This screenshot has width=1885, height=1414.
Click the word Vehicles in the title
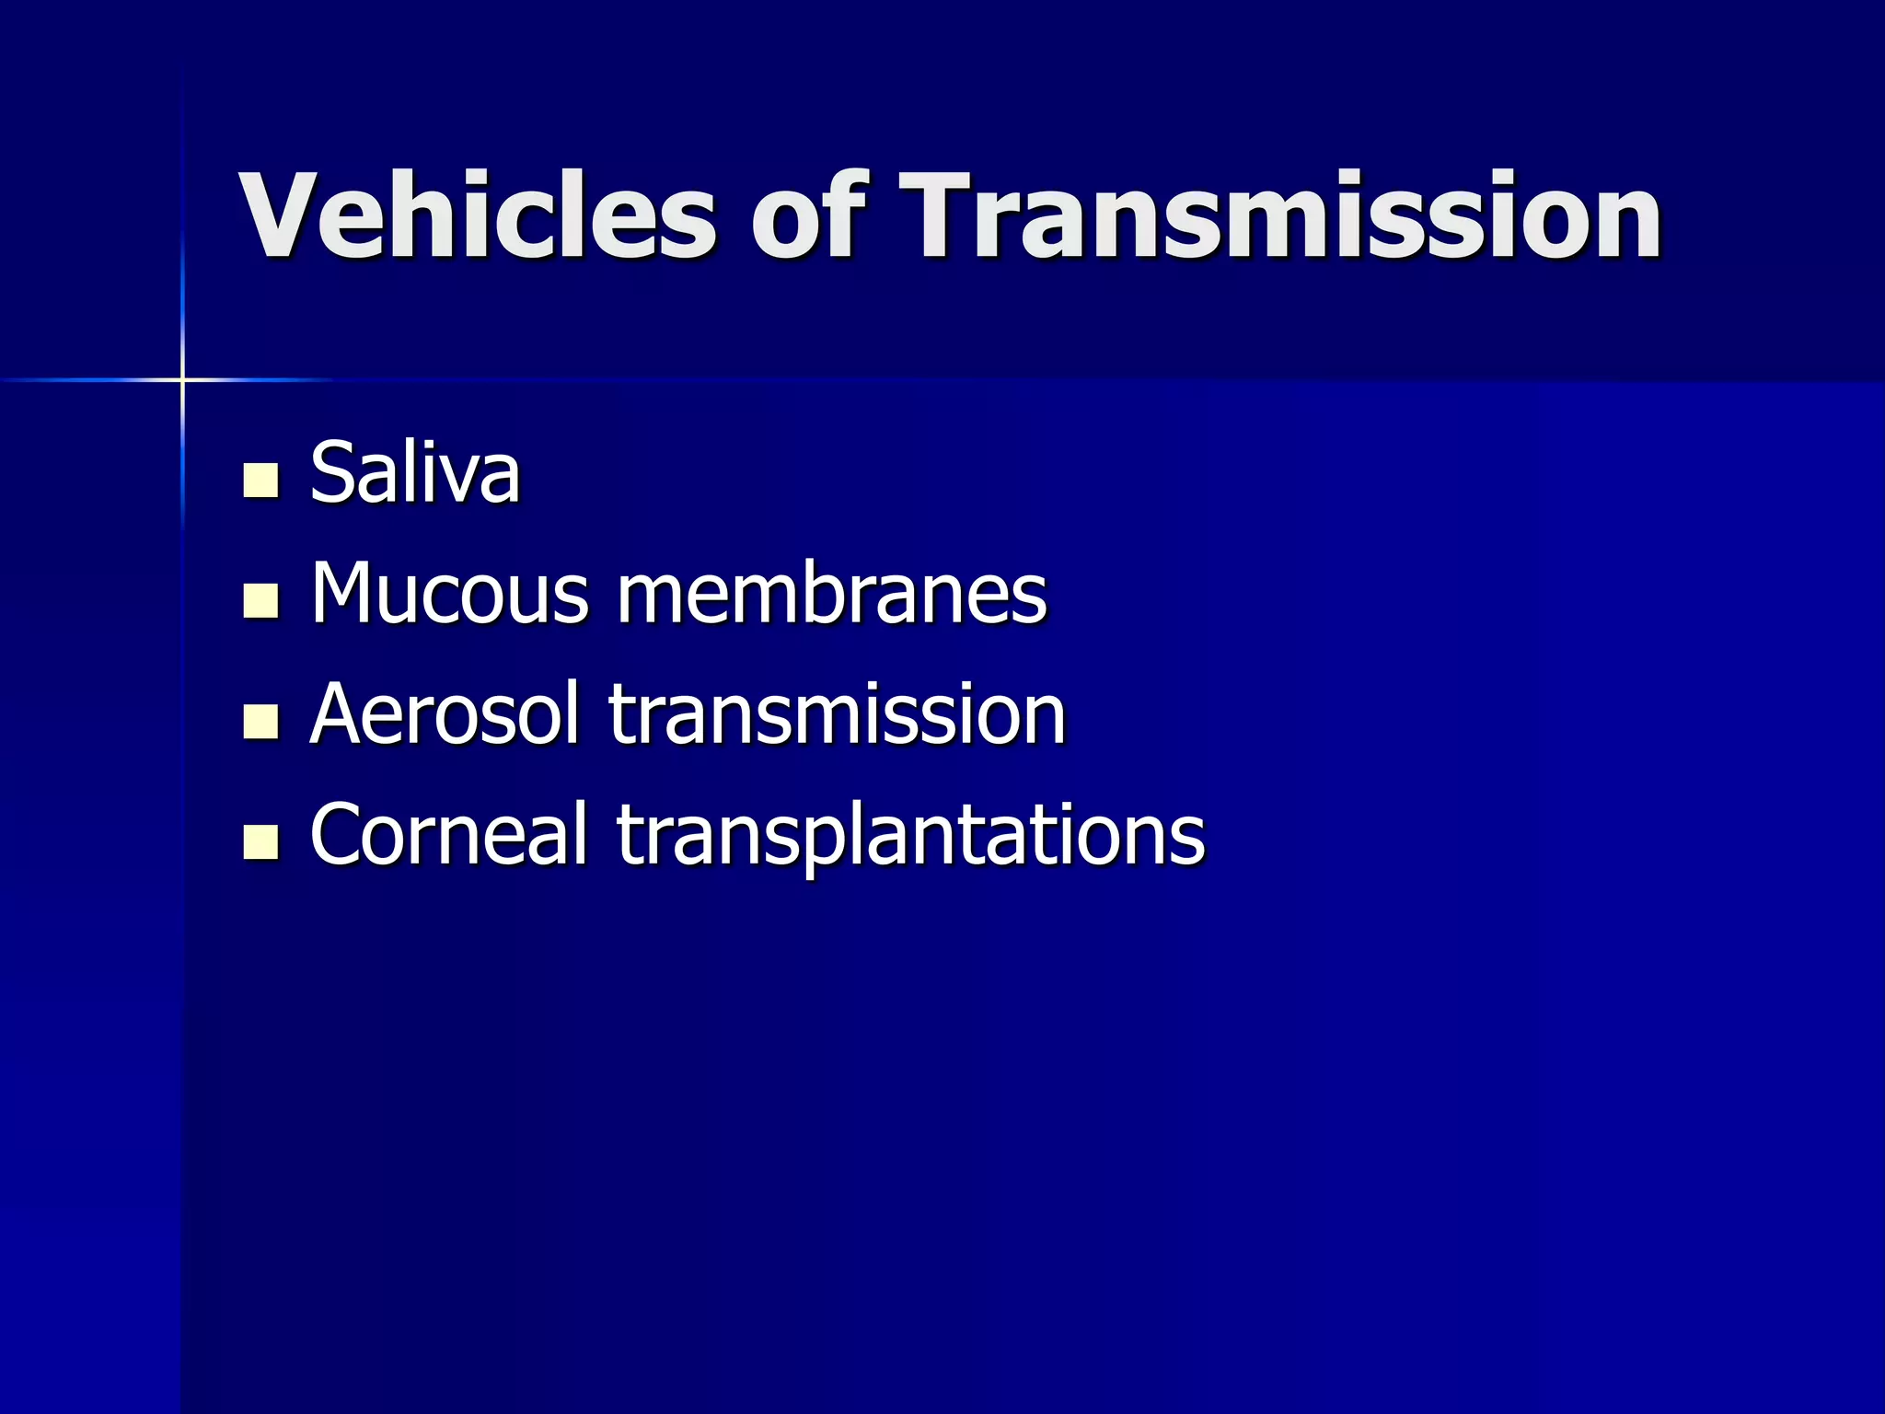[x=477, y=217]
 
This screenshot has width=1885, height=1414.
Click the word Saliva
[x=415, y=473]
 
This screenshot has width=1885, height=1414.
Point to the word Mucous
[x=449, y=594]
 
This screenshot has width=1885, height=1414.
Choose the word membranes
[x=831, y=594]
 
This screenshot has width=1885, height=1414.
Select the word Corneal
[x=448, y=834]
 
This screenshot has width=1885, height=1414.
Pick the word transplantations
[x=910, y=836]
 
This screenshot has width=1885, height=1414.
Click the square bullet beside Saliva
[x=260, y=480]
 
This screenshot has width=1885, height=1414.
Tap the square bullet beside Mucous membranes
[x=260, y=600]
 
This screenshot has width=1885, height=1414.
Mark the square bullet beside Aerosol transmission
[x=260, y=721]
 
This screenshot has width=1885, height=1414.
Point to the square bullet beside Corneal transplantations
[x=260, y=841]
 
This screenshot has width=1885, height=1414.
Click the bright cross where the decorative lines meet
[x=182, y=379]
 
